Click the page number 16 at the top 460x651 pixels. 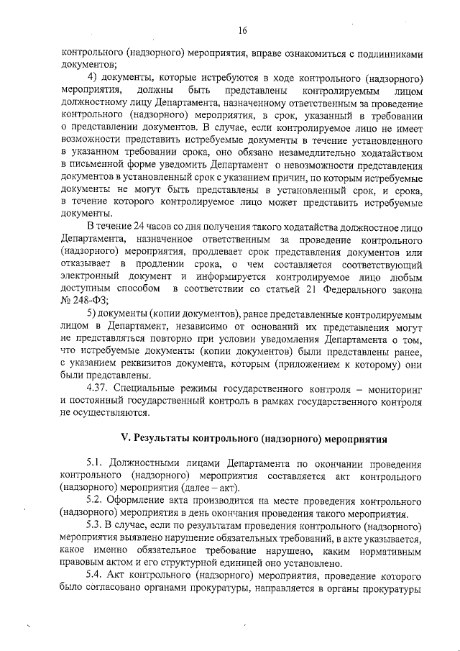click(243, 30)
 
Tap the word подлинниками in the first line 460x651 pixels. click(389, 53)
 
